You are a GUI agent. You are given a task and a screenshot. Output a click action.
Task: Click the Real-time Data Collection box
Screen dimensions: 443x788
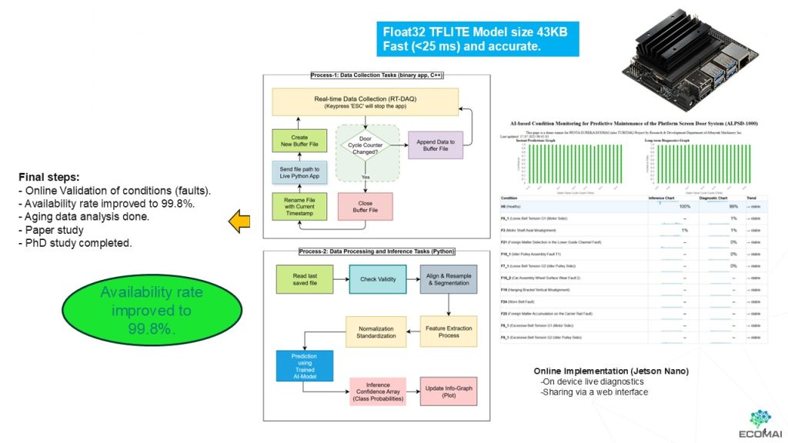365,102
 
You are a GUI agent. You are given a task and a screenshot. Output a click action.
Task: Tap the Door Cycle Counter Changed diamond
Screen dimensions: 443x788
366,145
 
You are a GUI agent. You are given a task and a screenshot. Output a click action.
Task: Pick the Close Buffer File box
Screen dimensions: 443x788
365,206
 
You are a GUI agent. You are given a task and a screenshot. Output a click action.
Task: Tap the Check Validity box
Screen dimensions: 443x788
379,279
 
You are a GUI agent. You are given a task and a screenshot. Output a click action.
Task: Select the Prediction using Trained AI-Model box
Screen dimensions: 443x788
305,365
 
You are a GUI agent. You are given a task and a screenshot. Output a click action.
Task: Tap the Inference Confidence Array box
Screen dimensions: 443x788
377,392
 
